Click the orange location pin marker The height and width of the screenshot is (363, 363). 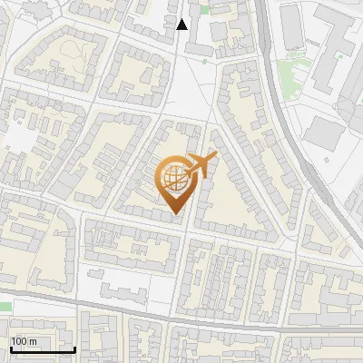[x=177, y=181]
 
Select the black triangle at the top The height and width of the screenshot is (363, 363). [x=182, y=25]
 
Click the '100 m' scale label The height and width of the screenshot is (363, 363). [x=24, y=341]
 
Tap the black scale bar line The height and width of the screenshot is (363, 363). [x=42, y=349]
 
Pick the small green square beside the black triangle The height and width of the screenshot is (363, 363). [x=204, y=10]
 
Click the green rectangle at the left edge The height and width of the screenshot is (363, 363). [x=5, y=307]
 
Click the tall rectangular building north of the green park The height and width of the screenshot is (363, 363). [x=292, y=27]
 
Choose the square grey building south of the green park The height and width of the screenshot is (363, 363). [x=322, y=133]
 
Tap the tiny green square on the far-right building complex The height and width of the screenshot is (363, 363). [x=341, y=54]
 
